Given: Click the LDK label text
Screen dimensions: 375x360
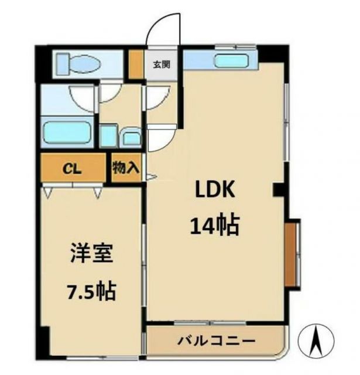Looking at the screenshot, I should click(215, 190).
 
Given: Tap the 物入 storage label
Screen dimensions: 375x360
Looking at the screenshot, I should click(126, 169).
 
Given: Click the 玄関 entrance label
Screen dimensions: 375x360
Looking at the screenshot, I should click(162, 64).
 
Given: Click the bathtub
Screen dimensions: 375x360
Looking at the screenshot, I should click(67, 133).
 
